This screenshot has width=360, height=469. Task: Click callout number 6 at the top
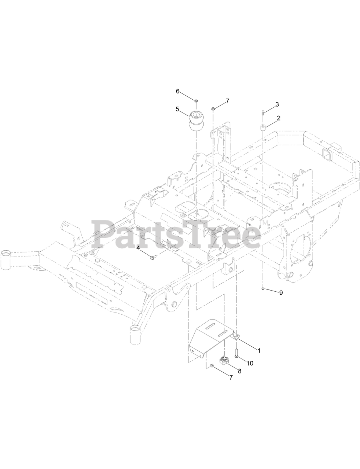[x=177, y=91]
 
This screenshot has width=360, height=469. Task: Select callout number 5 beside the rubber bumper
[x=177, y=109]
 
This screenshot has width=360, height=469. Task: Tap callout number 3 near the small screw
[x=277, y=104]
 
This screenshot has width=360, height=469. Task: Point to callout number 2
[x=279, y=118]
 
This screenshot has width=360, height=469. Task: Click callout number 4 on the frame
[x=139, y=248]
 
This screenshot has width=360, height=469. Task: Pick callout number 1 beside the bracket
[x=259, y=350]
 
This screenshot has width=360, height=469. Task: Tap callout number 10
[x=250, y=363]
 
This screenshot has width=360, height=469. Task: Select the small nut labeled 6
[x=196, y=101]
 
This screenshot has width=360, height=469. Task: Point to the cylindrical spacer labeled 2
[x=262, y=128]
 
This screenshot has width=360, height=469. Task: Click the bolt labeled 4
[x=154, y=258]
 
